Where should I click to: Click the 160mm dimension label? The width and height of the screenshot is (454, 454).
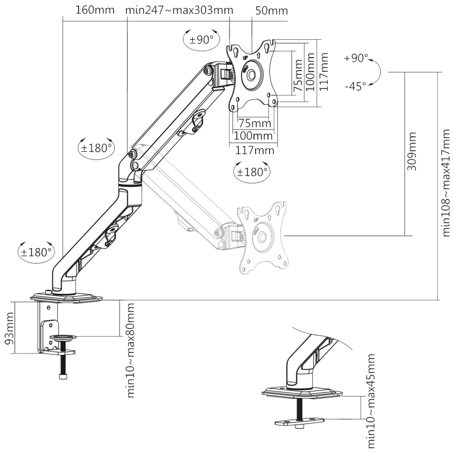95,10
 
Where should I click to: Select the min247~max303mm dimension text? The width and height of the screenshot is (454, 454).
179,10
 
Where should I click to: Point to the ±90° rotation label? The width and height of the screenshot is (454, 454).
201,40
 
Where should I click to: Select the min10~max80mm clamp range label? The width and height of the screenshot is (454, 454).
131,350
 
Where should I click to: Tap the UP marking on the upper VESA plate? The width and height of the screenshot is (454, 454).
245,57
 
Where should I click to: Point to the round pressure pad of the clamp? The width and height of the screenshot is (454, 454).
63,337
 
